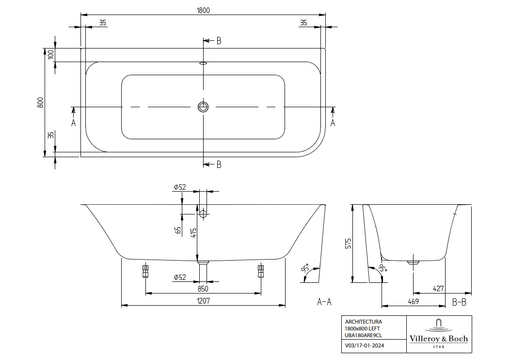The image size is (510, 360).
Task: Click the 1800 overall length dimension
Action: point(203,10)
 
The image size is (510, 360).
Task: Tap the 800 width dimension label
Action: point(41,102)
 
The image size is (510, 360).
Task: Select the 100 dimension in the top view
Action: point(51,54)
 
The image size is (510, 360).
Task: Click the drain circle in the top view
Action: point(203,107)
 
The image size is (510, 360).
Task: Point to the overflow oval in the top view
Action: point(203,63)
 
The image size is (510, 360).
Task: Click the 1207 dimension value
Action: point(203,301)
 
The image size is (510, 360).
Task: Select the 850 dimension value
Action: point(203,288)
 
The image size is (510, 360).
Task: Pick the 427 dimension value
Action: point(438,289)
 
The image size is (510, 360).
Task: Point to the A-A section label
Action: point(324,302)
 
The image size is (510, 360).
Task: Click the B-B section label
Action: point(459,302)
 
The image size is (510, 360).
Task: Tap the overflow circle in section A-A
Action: point(203,213)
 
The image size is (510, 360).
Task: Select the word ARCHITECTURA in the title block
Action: point(363,321)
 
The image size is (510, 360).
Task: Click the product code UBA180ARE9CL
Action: point(364,335)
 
